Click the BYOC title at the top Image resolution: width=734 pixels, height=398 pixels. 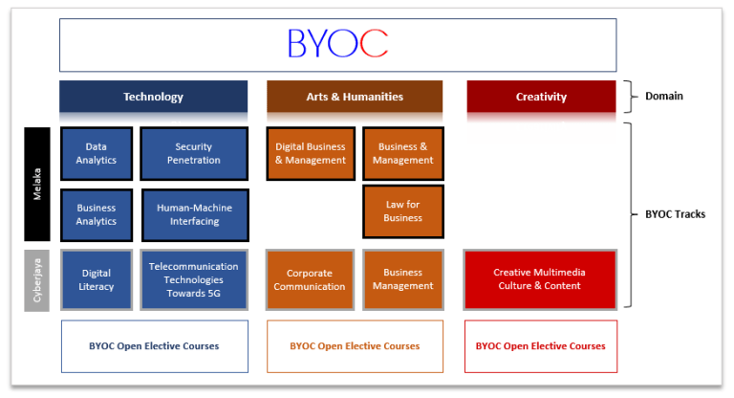337,43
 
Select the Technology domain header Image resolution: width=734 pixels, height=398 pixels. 153,97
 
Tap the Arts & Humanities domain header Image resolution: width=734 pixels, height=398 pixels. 355,97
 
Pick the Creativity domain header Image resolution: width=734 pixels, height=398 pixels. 541,97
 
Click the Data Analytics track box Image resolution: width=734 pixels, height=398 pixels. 96,153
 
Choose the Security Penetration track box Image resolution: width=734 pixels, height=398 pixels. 194,153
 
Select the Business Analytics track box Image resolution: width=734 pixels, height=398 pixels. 96,214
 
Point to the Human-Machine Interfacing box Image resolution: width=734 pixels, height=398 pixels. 194,214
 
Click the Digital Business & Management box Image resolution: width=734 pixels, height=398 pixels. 311,153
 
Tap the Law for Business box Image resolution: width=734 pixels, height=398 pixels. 403,211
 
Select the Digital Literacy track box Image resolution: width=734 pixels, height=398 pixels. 96,279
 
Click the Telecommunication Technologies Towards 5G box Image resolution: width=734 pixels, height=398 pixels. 194,279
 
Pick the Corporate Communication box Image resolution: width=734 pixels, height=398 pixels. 311,279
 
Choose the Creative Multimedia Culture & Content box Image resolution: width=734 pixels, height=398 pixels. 539,279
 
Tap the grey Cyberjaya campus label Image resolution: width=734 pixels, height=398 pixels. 37,279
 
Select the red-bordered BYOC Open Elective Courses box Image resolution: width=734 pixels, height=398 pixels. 540,345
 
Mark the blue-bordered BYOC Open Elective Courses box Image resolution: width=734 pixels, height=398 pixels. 154,345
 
